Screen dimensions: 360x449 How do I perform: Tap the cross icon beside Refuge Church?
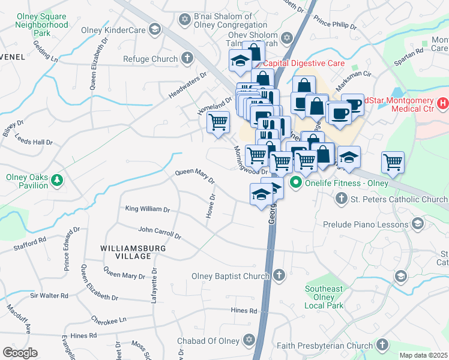click(187, 59)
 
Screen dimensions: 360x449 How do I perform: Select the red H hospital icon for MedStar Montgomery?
click(443, 104)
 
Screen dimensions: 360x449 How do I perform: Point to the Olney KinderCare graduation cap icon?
click(155, 29)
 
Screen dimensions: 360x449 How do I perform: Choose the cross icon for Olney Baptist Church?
click(278, 276)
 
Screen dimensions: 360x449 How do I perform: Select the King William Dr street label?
click(148, 209)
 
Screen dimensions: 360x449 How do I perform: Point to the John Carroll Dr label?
click(160, 229)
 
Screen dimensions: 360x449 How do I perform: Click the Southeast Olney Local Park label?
click(324, 297)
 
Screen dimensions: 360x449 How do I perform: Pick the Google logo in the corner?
click(20, 353)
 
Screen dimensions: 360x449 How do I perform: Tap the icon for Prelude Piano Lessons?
click(417, 224)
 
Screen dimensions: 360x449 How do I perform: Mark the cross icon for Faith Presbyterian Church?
click(381, 345)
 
